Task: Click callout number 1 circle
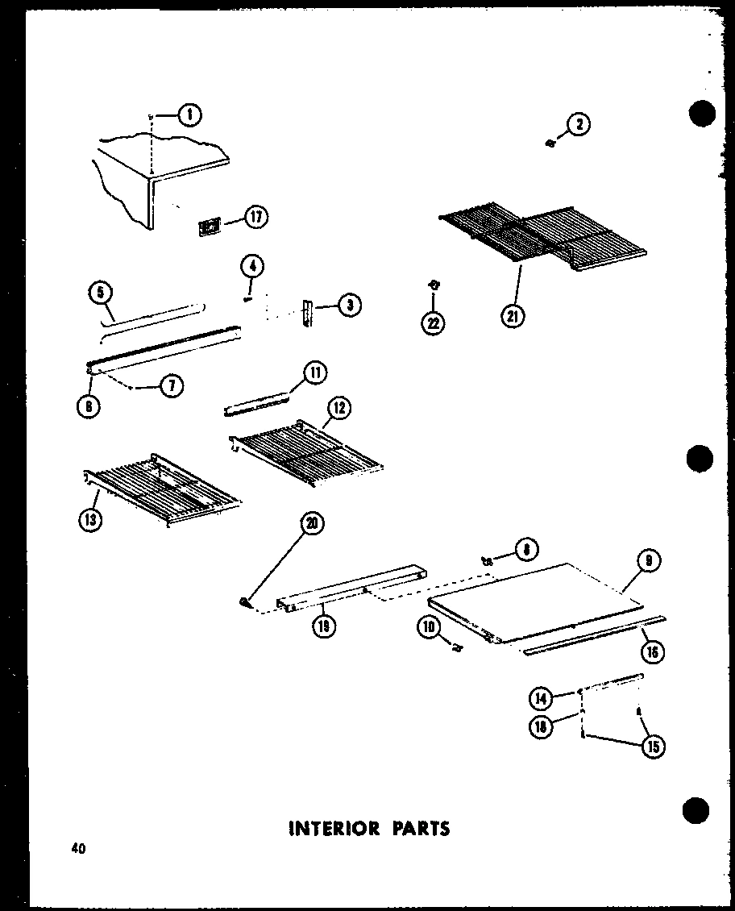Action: (189, 115)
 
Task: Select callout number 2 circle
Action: (579, 124)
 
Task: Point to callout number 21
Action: (512, 317)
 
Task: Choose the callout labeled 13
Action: (91, 521)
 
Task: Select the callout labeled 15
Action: (653, 747)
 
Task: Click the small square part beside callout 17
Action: (209, 228)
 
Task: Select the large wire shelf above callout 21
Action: (540, 234)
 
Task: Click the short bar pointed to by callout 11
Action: (256, 403)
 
